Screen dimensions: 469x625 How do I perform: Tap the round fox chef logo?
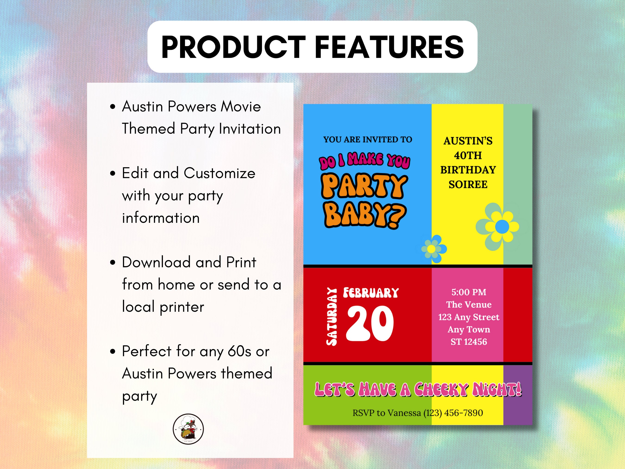coord(188,429)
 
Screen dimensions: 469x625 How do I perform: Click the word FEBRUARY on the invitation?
coord(371,293)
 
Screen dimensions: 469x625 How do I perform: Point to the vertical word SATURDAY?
coord(332,317)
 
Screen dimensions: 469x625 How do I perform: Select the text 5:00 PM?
coord(469,292)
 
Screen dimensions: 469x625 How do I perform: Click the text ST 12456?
coord(469,342)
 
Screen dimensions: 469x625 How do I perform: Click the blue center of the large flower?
coord(502,227)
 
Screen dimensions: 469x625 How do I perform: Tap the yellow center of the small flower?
coord(431,249)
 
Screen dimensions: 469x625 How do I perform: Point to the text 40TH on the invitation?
coord(468,155)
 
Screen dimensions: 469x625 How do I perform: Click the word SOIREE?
coord(468,184)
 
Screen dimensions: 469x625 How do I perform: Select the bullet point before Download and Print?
coord(113,262)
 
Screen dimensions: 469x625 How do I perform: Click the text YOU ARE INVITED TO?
coord(368,139)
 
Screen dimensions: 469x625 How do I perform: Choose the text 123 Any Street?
coord(469,317)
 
